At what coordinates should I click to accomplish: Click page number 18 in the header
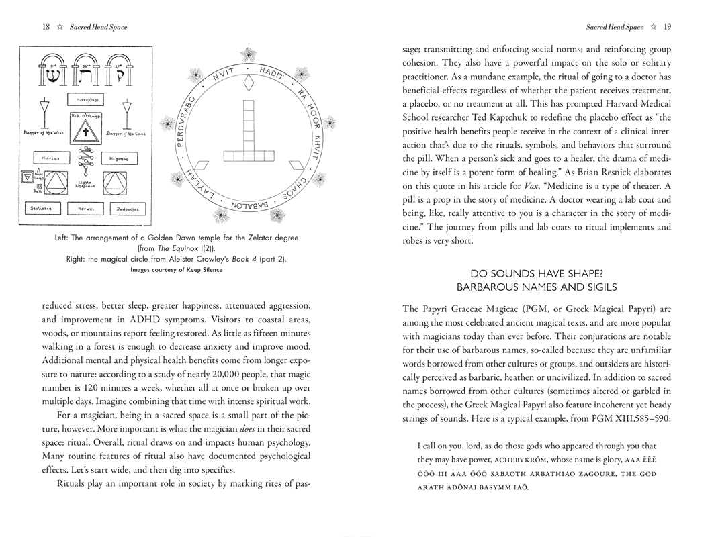pyautogui.click(x=46, y=27)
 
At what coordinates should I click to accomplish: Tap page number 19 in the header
pyautogui.click(x=666, y=27)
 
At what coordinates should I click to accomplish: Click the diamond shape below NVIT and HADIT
pyautogui.click(x=250, y=83)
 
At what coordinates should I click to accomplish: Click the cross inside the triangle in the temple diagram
pyautogui.click(x=85, y=133)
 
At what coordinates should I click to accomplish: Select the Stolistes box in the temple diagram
pyautogui.click(x=40, y=209)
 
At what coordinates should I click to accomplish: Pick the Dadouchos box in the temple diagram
pyautogui.click(x=128, y=209)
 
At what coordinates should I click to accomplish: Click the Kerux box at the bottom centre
pyautogui.click(x=85, y=209)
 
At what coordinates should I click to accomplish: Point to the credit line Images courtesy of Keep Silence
pyautogui.click(x=176, y=270)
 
